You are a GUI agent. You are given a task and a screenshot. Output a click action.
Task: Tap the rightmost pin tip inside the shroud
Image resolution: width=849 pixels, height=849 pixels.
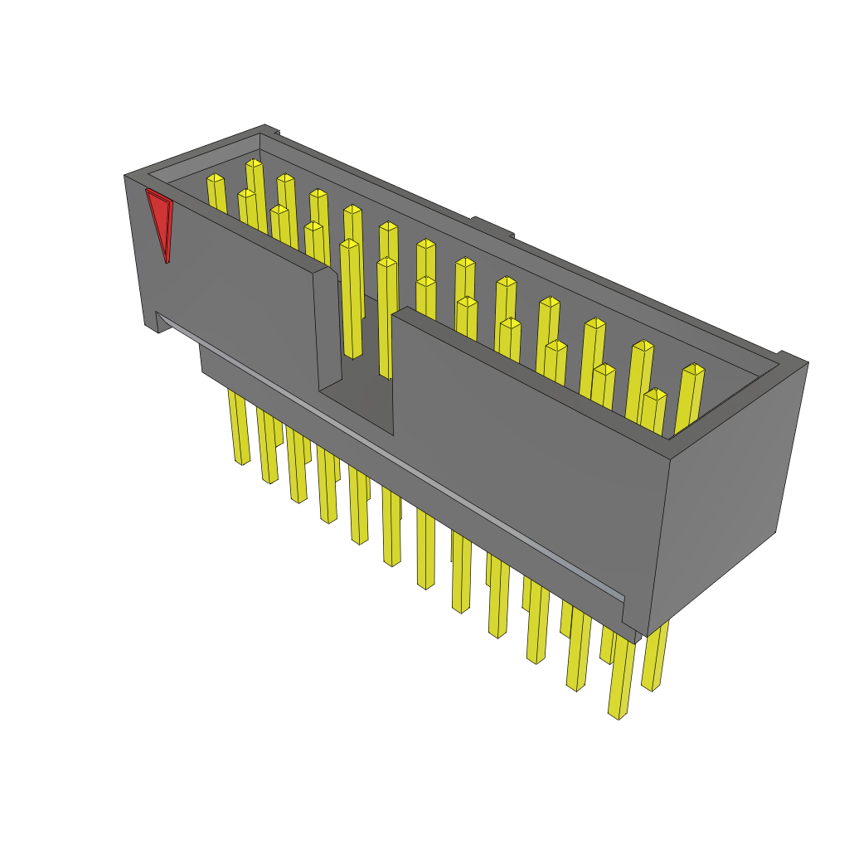(x=693, y=370)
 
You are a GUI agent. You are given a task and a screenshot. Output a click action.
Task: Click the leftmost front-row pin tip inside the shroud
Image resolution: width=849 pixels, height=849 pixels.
(x=246, y=195)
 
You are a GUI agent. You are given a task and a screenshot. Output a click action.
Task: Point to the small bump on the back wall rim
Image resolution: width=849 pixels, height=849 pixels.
(x=492, y=226)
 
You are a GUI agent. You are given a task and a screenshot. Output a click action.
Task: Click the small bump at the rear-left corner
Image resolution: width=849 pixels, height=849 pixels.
(x=271, y=129)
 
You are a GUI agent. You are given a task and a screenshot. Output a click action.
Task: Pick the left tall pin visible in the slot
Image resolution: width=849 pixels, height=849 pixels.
(x=350, y=298)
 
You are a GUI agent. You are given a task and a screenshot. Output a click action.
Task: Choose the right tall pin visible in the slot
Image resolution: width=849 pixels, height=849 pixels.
(x=386, y=315)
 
